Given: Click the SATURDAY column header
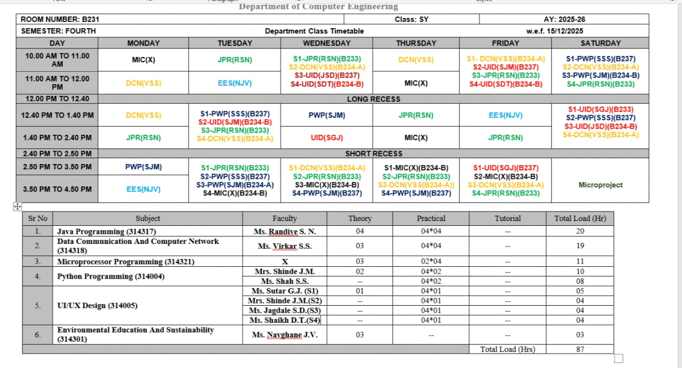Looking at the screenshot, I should pyautogui.click(x=600, y=43).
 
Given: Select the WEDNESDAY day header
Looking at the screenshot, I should pyautogui.click(x=327, y=43).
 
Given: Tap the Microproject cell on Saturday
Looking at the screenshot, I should pyautogui.click(x=600, y=185).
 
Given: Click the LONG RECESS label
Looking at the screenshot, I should pyautogui.click(x=373, y=99).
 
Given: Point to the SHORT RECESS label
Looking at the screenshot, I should pyautogui.click(x=374, y=153).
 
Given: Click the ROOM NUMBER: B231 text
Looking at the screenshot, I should pyautogui.click(x=60, y=19).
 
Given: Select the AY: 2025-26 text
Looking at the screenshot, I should pyautogui.click(x=564, y=19).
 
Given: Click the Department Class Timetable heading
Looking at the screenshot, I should pyautogui.click(x=314, y=31).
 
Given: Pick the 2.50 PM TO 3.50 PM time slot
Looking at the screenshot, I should pyautogui.click(x=57, y=167).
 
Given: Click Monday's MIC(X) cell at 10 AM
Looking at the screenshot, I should pyautogui.click(x=143, y=60).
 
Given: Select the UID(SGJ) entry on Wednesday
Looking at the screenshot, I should pyautogui.click(x=327, y=137).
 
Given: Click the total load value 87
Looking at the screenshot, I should pyautogui.click(x=580, y=349).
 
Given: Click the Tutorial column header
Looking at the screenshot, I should pyautogui.click(x=507, y=218).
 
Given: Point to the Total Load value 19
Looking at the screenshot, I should pyautogui.click(x=580, y=246).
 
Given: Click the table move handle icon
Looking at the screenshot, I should pyautogui.click(x=16, y=207).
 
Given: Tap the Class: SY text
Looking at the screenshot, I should pyautogui.click(x=411, y=19).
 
